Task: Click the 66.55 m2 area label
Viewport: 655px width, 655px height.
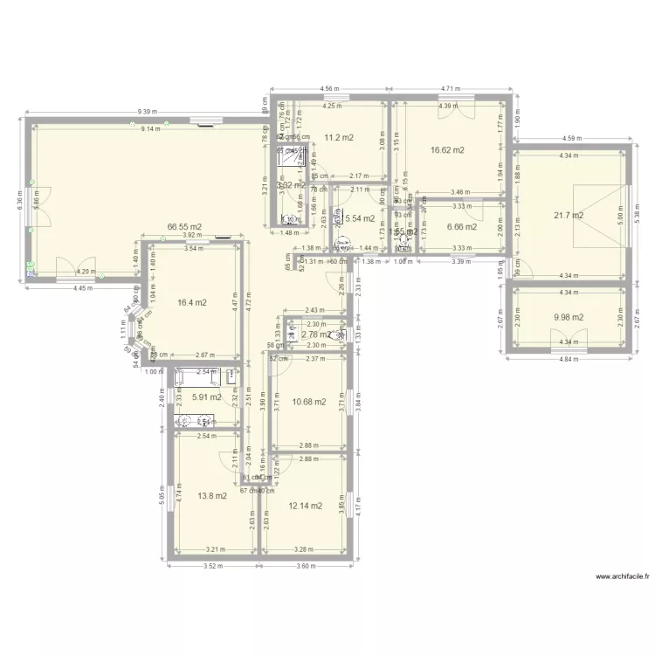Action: tap(184, 226)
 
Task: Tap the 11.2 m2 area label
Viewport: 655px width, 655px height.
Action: tap(339, 138)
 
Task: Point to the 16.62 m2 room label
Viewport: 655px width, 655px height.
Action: tap(447, 150)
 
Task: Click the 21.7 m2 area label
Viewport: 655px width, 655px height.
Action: tap(569, 215)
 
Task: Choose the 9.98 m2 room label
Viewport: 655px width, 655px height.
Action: tap(569, 318)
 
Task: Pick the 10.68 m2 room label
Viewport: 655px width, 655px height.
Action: tap(309, 402)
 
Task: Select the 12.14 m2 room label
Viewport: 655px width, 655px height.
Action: tap(306, 506)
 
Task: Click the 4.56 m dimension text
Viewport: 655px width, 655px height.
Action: tap(329, 89)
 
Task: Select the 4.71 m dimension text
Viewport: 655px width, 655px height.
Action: tap(451, 89)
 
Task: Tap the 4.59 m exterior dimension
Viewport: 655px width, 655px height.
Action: tap(571, 138)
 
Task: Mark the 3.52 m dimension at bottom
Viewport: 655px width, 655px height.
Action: tap(210, 565)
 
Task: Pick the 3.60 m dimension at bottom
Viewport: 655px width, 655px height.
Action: tap(306, 565)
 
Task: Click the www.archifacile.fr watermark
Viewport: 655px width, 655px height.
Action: tap(622, 577)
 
